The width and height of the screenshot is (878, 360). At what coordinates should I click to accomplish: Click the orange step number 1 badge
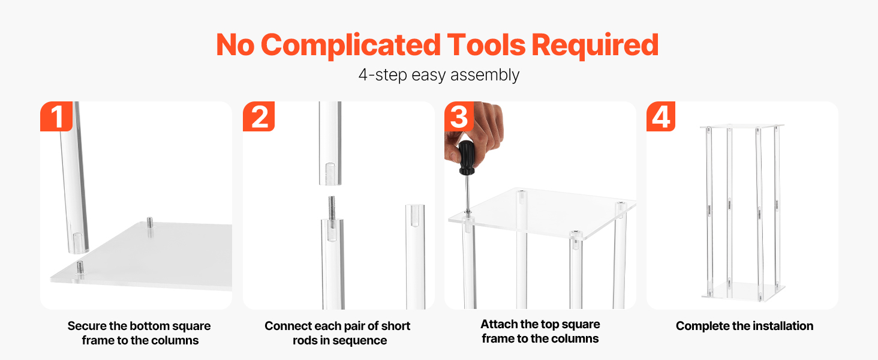click(x=56, y=116)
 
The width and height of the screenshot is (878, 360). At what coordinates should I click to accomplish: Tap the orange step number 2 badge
click(x=258, y=116)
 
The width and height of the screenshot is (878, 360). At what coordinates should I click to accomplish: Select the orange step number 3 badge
click(x=459, y=116)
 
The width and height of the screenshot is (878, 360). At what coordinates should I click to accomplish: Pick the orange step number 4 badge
click(x=661, y=116)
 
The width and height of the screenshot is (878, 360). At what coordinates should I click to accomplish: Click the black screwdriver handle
click(x=466, y=158)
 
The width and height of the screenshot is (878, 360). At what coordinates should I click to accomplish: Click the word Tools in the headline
click(x=486, y=45)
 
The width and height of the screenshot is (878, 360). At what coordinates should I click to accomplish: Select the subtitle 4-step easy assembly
click(x=439, y=75)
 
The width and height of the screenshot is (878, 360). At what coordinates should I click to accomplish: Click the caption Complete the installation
click(x=744, y=326)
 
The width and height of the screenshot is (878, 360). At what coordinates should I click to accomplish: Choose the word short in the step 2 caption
click(x=396, y=326)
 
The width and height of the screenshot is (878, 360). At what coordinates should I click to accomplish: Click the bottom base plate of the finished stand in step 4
click(x=744, y=292)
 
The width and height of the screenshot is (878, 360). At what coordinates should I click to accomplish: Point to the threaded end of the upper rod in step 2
click(x=330, y=173)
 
